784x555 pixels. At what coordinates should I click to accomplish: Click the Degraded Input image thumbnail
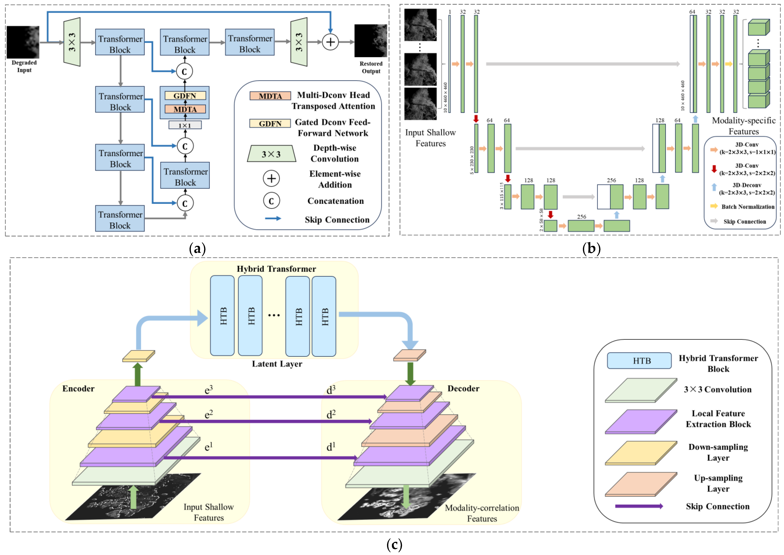coord(23,42)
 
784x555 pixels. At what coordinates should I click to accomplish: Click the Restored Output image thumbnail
coord(371,41)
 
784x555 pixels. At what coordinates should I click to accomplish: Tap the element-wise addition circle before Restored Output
coord(330,42)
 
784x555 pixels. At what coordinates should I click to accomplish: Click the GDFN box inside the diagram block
coord(185,96)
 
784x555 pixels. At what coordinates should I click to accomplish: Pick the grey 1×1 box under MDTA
coord(185,125)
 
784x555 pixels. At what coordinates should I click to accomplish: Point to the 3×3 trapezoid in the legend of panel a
coord(271,154)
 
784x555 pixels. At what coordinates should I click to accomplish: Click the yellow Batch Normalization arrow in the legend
coord(714,206)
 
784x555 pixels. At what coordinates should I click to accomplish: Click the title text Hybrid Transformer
coord(276,269)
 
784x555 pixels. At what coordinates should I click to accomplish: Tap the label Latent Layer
coord(277,364)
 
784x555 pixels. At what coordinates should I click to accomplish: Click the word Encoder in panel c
coord(78,388)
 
